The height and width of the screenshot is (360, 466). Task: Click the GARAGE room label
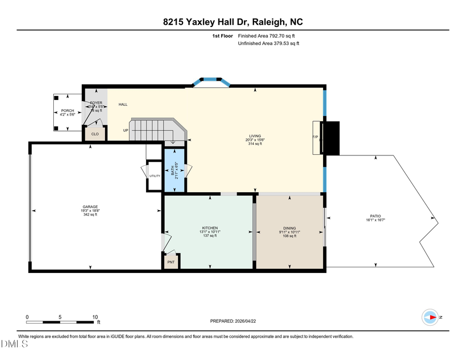click(x=90, y=207)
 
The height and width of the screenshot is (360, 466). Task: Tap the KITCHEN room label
click(x=210, y=228)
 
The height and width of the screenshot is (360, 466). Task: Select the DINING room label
click(x=289, y=228)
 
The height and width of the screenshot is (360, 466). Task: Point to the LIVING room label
click(x=254, y=136)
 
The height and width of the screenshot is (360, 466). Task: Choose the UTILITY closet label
click(x=155, y=176)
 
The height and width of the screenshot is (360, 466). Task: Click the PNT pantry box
click(x=171, y=262)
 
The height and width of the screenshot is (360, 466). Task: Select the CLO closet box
click(x=95, y=134)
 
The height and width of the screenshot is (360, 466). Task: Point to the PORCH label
click(x=68, y=111)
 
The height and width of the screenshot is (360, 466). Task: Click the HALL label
click(x=123, y=105)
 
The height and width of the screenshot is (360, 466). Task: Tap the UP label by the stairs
click(x=125, y=130)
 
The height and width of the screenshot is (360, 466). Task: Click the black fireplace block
click(x=330, y=138)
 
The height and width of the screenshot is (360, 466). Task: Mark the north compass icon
click(x=430, y=317)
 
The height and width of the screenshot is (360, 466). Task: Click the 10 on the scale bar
click(x=95, y=317)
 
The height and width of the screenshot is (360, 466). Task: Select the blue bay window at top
click(x=210, y=80)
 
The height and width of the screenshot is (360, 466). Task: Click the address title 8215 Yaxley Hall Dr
click(x=232, y=22)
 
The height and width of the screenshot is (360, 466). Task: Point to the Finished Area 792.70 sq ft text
click(x=269, y=36)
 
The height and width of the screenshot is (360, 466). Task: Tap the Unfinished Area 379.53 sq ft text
click(x=269, y=44)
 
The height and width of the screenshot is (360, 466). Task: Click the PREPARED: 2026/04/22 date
click(x=233, y=321)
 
